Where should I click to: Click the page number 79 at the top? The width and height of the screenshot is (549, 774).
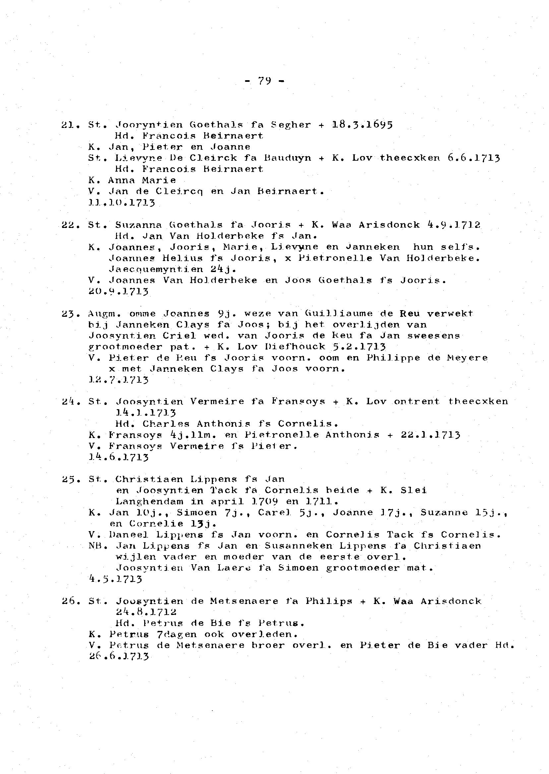pyautogui.click(x=265, y=81)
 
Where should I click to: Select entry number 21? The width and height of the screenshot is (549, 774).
pyautogui.click(x=70, y=125)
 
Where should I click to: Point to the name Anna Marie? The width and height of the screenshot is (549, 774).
pyautogui.click(x=142, y=180)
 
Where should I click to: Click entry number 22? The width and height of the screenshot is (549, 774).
pyautogui.click(x=70, y=225)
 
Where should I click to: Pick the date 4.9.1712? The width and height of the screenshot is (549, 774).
pyautogui.click(x=454, y=225)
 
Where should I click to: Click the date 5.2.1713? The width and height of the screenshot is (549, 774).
pyautogui.click(x=359, y=347)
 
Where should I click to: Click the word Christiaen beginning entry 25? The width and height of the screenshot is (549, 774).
pyautogui.click(x=149, y=479)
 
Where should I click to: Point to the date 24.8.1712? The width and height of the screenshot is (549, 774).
pyautogui.click(x=146, y=612)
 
